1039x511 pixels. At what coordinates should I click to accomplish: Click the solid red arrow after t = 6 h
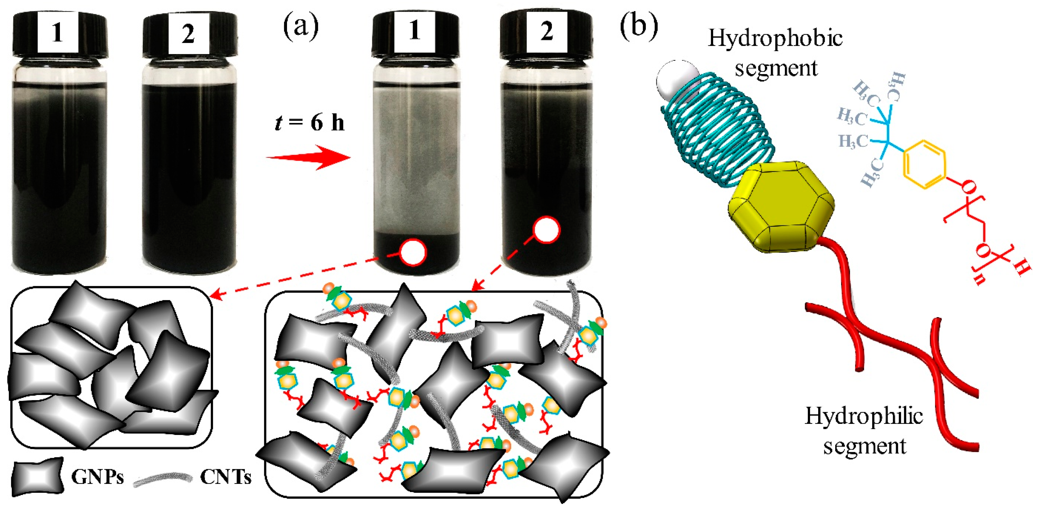click(x=308, y=158)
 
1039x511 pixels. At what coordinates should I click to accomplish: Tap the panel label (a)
click(x=301, y=27)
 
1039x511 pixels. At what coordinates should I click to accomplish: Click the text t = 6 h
click(x=310, y=122)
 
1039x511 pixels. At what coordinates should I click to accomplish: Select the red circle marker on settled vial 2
click(x=547, y=230)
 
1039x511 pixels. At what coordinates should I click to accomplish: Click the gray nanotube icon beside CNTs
click(x=163, y=479)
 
